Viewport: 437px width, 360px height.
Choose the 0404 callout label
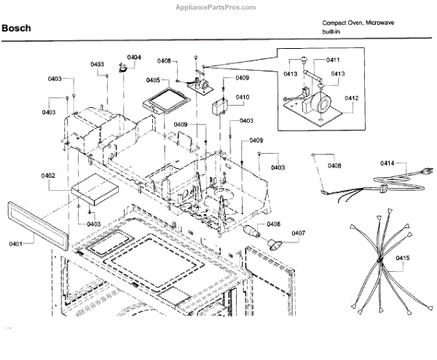point(134,57)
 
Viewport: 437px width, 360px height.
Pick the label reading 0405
point(152,79)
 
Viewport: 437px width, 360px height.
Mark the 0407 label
point(299,235)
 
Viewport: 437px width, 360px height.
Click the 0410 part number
point(242,97)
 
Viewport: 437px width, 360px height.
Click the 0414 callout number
point(387,164)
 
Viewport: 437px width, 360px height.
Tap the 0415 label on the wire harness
point(403,257)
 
